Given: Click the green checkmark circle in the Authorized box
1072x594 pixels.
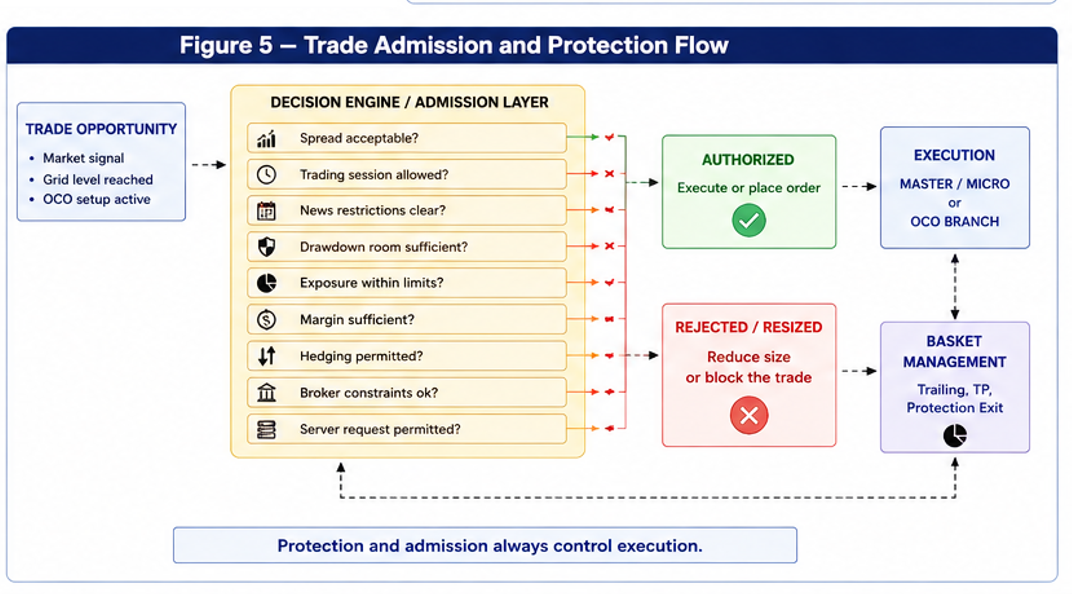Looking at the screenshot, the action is point(749,220).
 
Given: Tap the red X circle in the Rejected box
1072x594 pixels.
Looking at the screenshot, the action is point(749,415).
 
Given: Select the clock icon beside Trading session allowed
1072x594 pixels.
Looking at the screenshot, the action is point(266,174).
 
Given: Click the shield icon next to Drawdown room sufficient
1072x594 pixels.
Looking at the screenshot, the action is point(266,247).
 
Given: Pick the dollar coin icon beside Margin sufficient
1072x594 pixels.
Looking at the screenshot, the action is point(266,320).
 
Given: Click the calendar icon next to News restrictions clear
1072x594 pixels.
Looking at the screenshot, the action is point(266,211).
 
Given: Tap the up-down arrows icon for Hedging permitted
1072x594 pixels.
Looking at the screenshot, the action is point(266,356).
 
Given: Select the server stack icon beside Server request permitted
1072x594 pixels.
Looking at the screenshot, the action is point(266,429).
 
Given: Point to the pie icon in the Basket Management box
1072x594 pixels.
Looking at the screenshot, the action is point(955,435).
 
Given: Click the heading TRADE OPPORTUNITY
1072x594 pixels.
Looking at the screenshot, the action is point(101,129).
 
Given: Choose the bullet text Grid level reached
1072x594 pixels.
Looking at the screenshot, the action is point(98,179).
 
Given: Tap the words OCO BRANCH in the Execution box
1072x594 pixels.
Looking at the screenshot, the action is point(955,222).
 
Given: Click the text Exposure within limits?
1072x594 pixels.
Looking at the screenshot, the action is point(372,283).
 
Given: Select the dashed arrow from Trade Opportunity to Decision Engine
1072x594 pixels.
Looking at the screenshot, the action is point(209,165).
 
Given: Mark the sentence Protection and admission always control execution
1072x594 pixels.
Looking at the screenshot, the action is point(490,545).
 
